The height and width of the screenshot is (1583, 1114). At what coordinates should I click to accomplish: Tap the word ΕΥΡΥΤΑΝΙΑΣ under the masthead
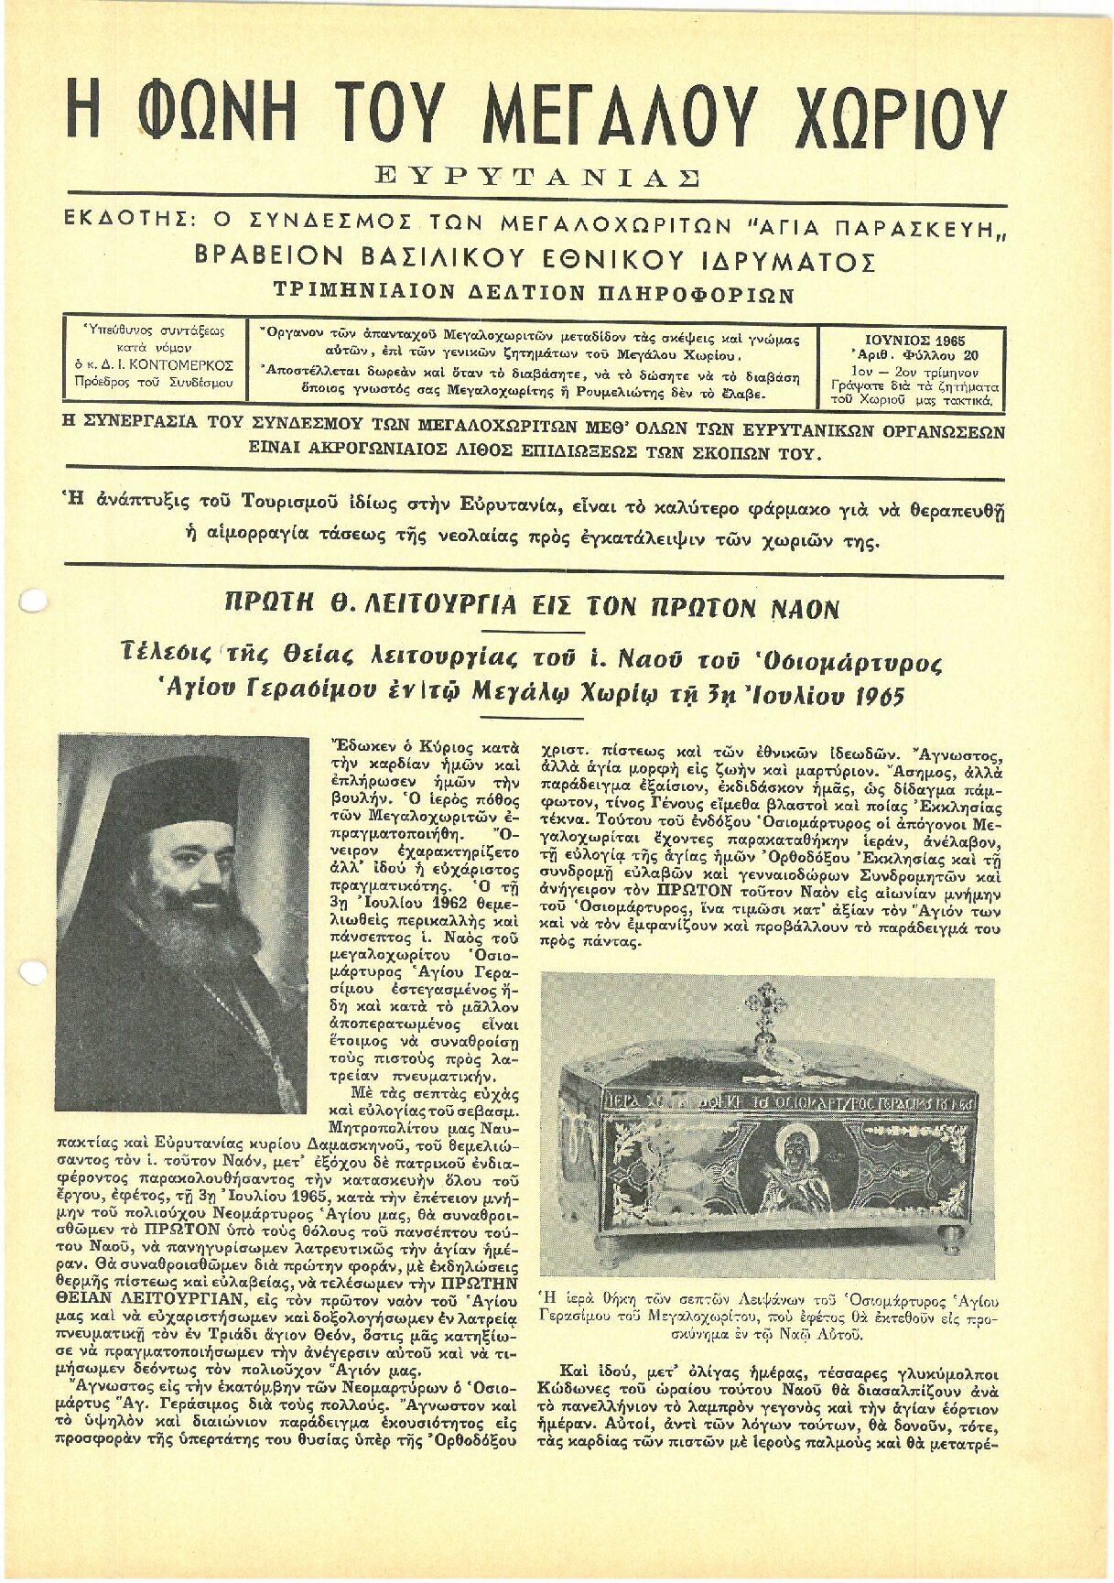tap(538, 178)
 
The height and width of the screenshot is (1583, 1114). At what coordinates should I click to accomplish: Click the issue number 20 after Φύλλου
tap(969, 356)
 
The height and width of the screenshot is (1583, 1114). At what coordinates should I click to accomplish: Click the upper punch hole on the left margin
tap(33, 601)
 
